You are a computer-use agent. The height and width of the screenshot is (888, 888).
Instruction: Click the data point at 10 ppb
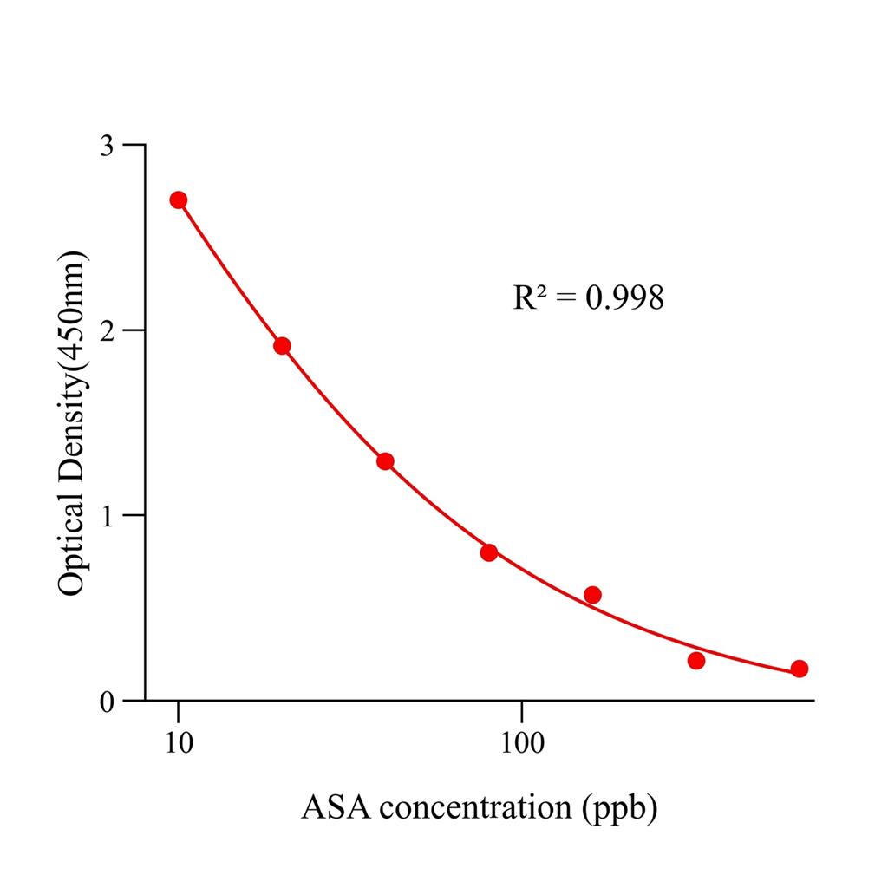(179, 200)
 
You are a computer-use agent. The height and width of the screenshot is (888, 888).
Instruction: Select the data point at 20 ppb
(282, 346)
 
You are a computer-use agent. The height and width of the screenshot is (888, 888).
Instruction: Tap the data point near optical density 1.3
(385, 461)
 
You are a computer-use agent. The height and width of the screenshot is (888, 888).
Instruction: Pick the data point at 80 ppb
(489, 552)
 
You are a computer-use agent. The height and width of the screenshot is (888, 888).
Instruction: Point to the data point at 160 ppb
(592, 595)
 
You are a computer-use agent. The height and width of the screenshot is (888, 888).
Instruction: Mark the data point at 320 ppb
(696, 661)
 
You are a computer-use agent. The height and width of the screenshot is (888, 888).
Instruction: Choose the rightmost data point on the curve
(800, 669)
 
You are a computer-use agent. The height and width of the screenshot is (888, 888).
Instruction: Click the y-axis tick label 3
(107, 145)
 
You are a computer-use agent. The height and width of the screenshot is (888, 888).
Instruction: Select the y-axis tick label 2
(107, 330)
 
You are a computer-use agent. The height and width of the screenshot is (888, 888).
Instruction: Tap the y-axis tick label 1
(107, 516)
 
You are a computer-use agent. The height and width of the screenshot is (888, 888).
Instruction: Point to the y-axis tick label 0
(107, 702)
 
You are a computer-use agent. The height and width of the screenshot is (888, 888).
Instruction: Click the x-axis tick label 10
(179, 744)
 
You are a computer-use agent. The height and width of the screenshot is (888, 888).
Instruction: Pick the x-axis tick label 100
(522, 744)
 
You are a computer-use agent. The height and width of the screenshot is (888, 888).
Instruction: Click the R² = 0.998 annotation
(589, 298)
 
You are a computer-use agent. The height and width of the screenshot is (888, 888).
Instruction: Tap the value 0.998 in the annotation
(624, 298)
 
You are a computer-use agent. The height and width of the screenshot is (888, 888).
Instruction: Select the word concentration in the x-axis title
(473, 808)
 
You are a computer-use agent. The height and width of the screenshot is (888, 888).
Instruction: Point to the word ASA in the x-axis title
(336, 808)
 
